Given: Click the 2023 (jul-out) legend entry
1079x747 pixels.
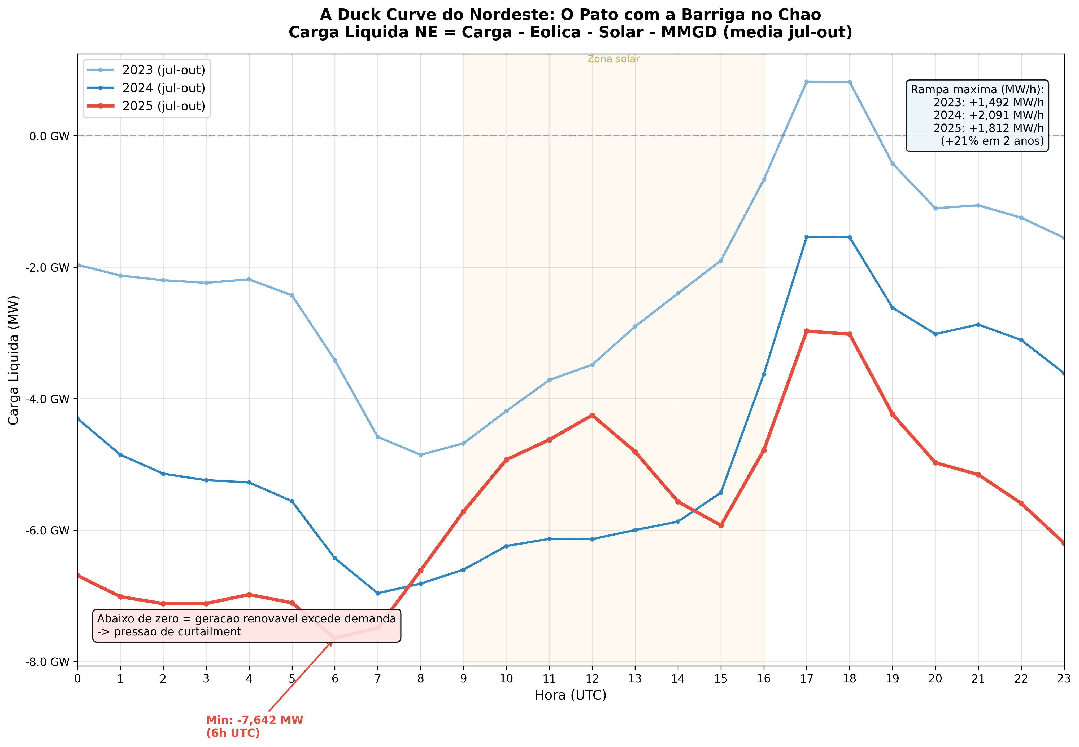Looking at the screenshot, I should click(163, 70).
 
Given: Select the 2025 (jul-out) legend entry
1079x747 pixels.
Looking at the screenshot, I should click(163, 106).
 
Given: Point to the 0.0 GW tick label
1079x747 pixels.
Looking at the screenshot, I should click(49, 136).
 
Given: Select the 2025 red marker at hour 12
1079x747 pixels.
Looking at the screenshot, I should click(592, 415).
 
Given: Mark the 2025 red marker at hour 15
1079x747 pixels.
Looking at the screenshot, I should click(721, 526).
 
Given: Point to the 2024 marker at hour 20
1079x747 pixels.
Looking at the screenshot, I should click(936, 334).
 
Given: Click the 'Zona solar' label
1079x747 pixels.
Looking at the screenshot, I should click(613, 59).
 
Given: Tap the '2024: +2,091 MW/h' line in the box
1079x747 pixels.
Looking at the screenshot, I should click(989, 115).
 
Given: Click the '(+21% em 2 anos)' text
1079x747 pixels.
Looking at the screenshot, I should click(992, 141).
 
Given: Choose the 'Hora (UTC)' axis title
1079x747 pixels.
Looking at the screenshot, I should click(571, 696).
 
